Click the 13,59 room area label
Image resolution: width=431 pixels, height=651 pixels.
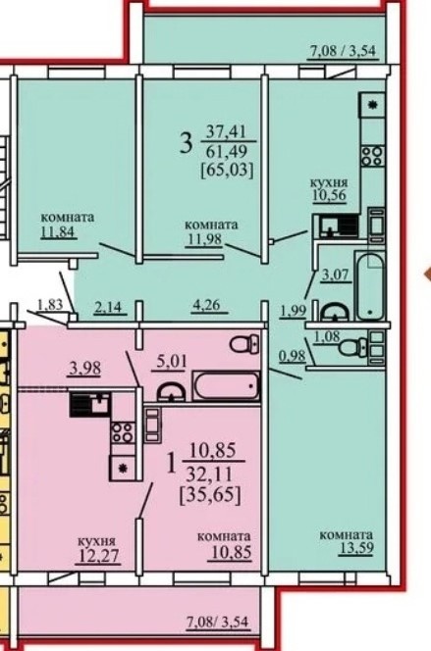click(x=356, y=548)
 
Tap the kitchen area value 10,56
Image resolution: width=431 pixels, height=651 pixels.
click(x=329, y=195)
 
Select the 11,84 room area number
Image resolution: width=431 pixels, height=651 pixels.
click(x=59, y=230)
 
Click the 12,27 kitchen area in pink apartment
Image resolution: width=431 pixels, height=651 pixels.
click(x=97, y=556)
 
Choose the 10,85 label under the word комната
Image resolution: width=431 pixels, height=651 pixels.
click(x=232, y=552)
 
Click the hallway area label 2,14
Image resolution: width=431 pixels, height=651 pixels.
click(x=108, y=307)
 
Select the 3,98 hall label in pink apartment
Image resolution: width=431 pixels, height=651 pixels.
click(x=84, y=369)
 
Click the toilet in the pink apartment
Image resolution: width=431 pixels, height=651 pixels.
click(x=245, y=343)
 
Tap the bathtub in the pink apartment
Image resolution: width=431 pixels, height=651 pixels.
click(x=226, y=386)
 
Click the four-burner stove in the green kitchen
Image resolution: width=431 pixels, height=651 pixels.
click(x=372, y=156)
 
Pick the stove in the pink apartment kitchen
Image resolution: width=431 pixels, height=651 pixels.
click(x=123, y=432)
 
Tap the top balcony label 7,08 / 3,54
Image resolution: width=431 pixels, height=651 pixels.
click(x=343, y=51)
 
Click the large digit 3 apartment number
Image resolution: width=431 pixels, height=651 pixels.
click(x=187, y=142)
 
